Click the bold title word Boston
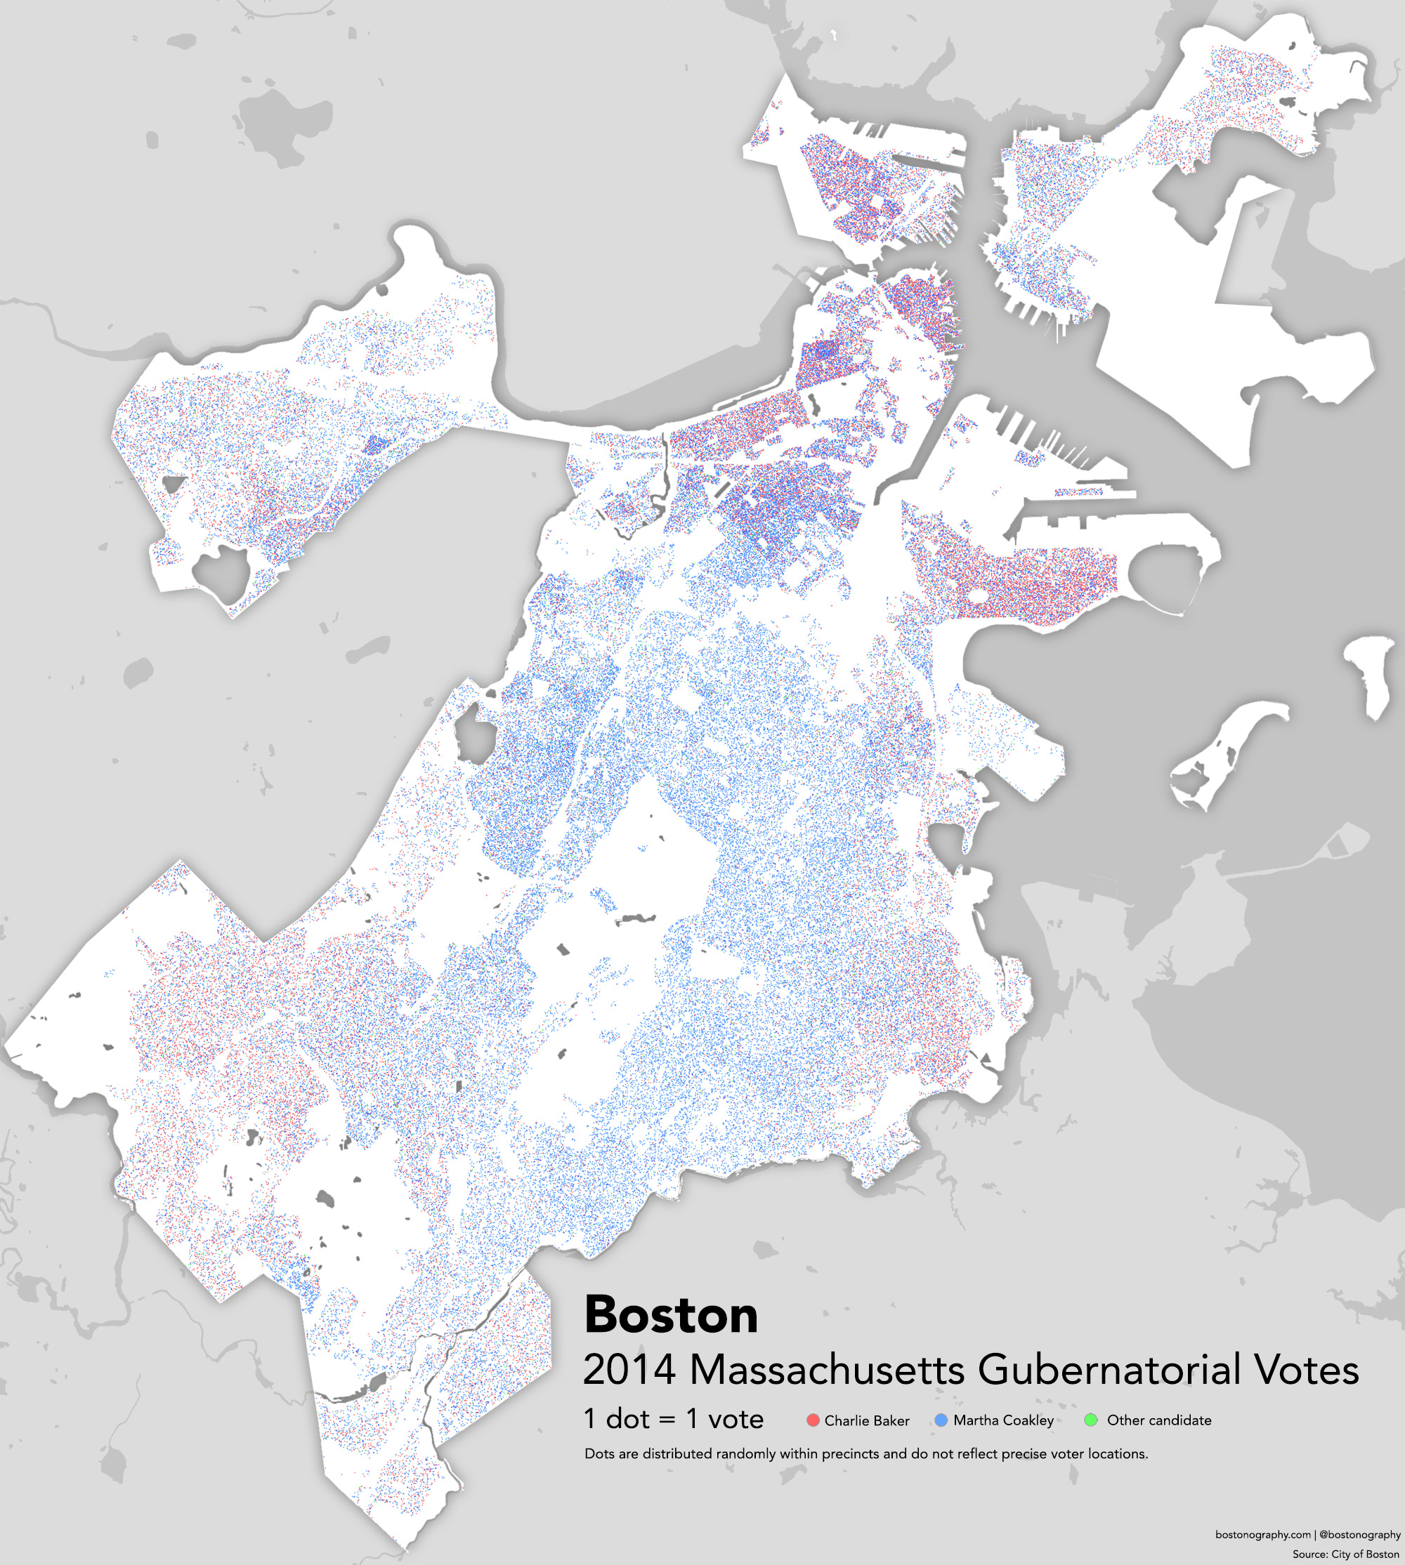[671, 1314]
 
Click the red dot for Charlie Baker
[812, 1420]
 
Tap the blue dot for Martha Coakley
[941, 1420]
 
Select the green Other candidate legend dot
[1091, 1420]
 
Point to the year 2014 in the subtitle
[630, 1370]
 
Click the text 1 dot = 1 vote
[673, 1418]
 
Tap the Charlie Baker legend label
[867, 1420]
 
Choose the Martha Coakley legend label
[1004, 1420]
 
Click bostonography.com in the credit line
[1263, 1535]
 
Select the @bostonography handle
[1359, 1535]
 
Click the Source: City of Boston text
[1345, 1554]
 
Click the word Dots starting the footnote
[599, 1454]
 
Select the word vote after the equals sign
[736, 1418]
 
